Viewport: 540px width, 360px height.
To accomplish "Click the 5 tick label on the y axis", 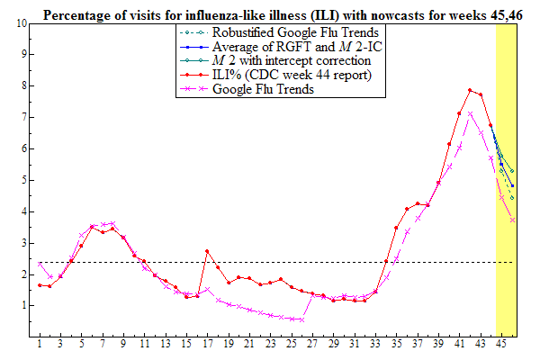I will (x=22, y=180).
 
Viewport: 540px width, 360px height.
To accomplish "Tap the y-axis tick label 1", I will (x=22, y=306).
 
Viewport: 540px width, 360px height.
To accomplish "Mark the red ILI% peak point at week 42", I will (x=470, y=90).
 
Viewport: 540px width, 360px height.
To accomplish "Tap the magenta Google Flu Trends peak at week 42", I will (x=470, y=113).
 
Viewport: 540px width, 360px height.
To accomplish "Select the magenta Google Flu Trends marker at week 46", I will (x=512, y=220).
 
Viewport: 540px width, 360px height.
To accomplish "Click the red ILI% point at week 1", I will (x=40, y=284).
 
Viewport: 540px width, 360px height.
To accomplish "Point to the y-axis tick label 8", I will (x=22, y=85).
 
